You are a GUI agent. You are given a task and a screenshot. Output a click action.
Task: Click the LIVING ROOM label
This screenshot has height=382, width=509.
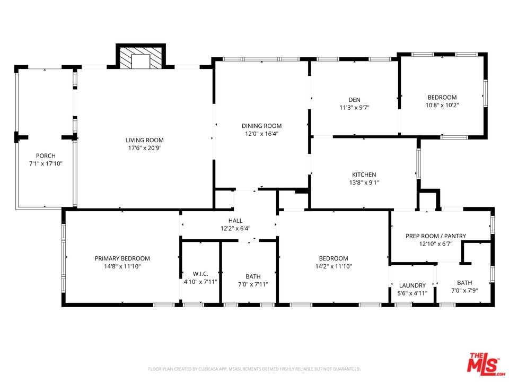point(145,140)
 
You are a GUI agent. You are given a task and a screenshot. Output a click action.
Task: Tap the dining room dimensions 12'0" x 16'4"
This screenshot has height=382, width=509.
point(261,134)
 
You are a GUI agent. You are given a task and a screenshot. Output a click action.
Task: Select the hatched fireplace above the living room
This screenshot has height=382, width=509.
point(141,58)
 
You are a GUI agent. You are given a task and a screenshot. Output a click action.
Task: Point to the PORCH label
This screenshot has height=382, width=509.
point(46,155)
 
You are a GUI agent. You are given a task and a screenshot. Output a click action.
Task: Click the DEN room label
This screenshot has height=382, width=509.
point(355,100)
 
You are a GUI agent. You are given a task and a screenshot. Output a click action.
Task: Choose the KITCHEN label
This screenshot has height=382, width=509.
point(364,175)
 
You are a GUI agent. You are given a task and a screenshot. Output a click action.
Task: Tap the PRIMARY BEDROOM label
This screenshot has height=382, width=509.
point(122,258)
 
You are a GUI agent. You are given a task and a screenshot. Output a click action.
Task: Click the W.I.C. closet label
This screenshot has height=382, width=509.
point(200,274)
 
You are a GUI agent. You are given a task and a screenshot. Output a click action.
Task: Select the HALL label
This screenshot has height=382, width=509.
point(235,221)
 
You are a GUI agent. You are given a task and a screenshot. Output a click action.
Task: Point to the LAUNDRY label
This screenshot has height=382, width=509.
point(413,285)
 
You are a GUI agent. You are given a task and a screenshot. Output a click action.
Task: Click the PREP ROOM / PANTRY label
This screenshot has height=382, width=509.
point(436,236)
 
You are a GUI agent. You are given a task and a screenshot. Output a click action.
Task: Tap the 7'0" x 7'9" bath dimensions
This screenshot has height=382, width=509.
point(464,290)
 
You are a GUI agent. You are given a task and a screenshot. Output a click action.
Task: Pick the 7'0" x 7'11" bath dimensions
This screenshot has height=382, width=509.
point(253,284)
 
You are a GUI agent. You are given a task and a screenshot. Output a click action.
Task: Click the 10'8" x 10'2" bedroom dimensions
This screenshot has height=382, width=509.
point(442,105)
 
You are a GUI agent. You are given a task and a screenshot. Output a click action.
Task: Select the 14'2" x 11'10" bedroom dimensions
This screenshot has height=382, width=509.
point(334,266)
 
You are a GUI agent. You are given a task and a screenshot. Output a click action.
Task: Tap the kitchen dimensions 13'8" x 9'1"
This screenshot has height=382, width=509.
point(364,182)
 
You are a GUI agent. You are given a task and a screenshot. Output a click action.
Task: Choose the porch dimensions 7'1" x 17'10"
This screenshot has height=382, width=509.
point(46,163)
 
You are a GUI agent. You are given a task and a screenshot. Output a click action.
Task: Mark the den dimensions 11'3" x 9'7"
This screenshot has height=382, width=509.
point(355,108)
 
